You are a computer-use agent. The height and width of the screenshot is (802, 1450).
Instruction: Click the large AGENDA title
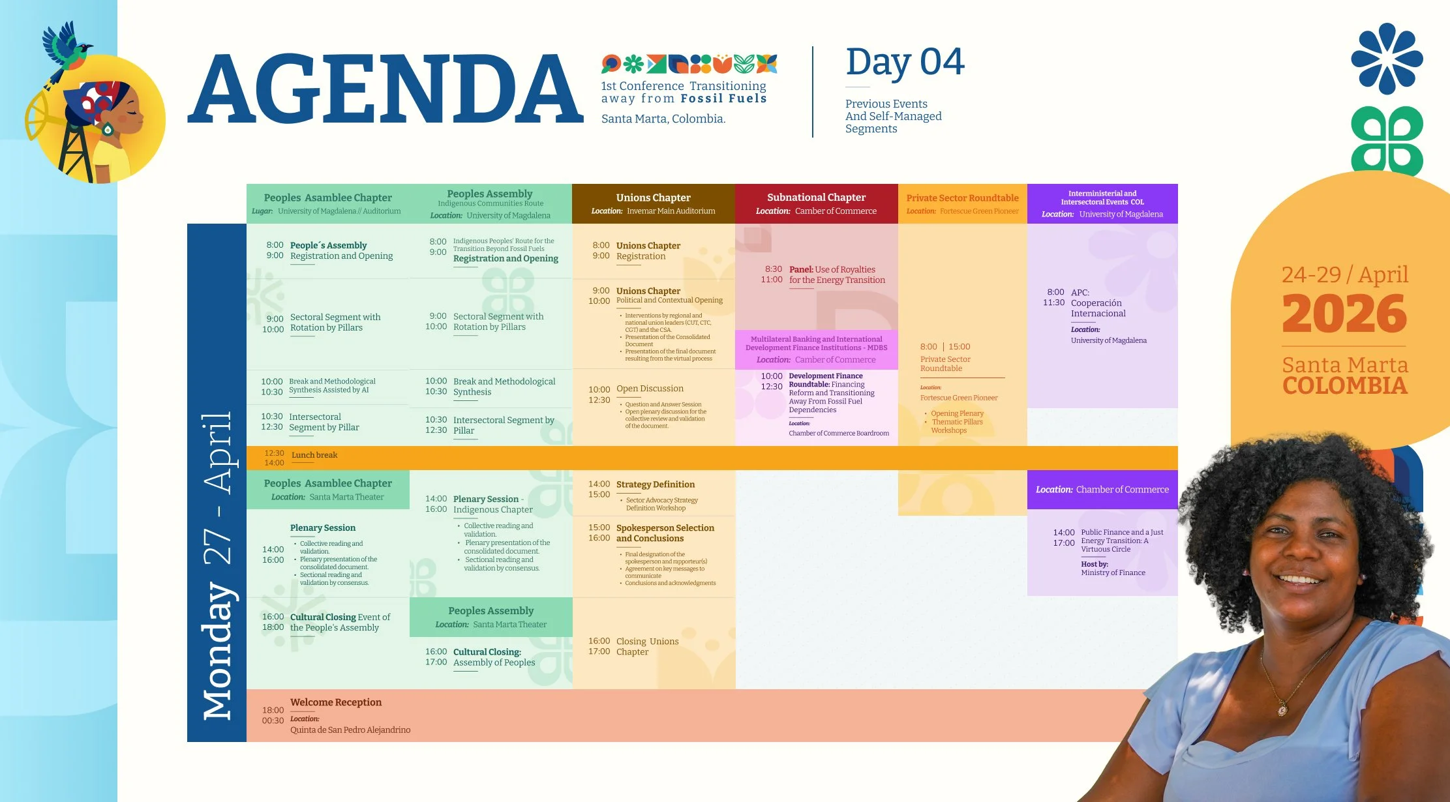pos(385,89)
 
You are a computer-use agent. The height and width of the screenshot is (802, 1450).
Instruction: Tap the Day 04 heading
pos(905,63)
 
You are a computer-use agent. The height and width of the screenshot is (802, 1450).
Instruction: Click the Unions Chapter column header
pos(653,198)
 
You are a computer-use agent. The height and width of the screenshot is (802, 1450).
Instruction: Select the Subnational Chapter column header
pos(816,197)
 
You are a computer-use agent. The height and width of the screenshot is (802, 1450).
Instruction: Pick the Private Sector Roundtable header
pos(962,198)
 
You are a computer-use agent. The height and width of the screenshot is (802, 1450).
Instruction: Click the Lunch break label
pos(314,455)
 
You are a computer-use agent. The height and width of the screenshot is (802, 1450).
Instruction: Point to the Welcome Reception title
pos(336,702)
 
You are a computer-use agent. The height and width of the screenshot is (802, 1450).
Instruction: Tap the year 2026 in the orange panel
pos(1344,314)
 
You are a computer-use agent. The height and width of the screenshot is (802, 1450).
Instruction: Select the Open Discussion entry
pos(650,389)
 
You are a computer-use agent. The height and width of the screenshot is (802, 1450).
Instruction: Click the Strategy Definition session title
pos(656,484)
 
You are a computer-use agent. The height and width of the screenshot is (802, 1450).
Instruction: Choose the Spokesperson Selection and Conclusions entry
pos(665,533)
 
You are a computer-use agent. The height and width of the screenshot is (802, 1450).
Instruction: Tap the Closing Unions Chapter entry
pos(647,646)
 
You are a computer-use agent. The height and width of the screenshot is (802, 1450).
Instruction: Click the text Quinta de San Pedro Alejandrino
pos(350,730)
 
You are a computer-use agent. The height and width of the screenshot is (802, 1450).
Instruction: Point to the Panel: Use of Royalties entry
pos(837,275)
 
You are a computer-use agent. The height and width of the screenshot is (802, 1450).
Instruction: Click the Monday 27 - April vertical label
pos(217,565)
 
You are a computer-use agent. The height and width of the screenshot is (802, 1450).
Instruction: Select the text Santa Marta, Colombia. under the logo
pos(663,119)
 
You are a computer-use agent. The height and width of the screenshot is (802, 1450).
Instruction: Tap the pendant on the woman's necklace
pos(1282,709)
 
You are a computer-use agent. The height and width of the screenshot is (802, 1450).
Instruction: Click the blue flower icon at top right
pos(1387,58)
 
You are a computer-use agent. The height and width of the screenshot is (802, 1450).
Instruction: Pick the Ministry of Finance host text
pos(1113,572)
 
